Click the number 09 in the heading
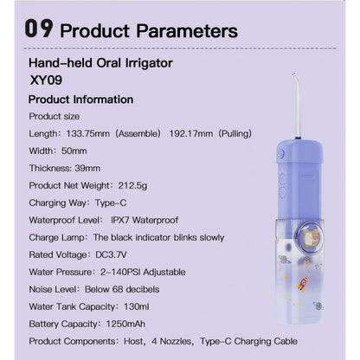(44, 30)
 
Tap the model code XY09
(45, 80)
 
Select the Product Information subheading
(80, 98)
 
